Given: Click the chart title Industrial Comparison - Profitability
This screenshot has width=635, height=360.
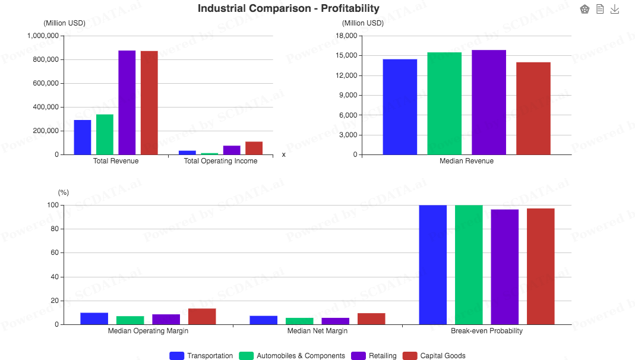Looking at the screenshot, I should click(288, 8).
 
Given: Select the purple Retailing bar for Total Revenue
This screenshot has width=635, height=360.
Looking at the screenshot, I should click(127, 102).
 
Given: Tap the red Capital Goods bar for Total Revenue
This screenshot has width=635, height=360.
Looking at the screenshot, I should click(149, 103).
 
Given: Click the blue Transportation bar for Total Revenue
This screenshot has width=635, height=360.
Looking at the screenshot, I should click(83, 137).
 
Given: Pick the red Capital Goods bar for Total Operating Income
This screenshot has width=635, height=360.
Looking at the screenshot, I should click(254, 148).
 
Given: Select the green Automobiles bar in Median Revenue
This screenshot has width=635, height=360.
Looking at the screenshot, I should click(444, 103).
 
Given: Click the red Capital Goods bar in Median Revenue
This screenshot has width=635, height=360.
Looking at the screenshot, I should click(533, 108).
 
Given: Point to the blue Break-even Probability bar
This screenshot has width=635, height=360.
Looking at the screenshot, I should click(432, 264).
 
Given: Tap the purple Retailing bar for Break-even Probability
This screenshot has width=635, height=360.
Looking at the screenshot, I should click(504, 267).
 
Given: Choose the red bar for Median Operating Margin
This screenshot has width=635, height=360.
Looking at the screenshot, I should click(202, 317).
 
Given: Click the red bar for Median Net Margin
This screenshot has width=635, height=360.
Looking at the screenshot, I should click(371, 319).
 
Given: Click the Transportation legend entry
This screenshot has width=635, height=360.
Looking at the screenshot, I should click(201, 356).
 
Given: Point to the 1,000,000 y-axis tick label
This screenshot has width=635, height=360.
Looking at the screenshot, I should click(43, 36).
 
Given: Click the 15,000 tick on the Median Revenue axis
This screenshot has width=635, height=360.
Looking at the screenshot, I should click(346, 56).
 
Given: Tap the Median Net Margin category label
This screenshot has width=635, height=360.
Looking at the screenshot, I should click(317, 331).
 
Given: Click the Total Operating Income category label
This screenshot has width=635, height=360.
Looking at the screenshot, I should click(220, 161).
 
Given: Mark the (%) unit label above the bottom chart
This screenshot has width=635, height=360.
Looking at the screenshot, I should click(64, 192).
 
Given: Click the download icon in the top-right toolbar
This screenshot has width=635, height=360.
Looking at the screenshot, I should click(615, 10).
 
